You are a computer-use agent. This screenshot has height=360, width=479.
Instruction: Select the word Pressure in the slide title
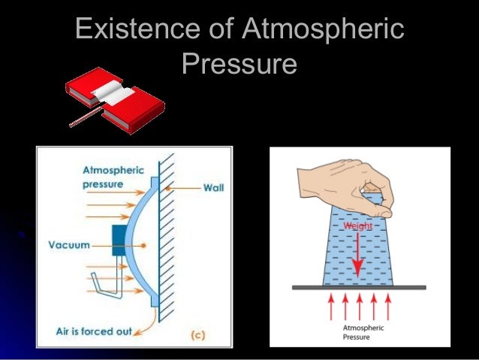(239, 64)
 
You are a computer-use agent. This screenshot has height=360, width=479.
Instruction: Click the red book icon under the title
(113, 96)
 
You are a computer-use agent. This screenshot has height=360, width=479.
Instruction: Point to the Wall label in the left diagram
(213, 187)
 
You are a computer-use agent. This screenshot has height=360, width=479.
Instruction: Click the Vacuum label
(69, 245)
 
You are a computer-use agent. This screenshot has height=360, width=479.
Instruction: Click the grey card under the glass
(359, 287)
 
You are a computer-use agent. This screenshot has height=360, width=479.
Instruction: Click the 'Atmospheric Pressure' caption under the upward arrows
(358, 332)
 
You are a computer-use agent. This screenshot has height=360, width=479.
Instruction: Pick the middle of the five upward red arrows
(359, 307)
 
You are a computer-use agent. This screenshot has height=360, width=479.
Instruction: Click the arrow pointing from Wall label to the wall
(184, 187)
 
